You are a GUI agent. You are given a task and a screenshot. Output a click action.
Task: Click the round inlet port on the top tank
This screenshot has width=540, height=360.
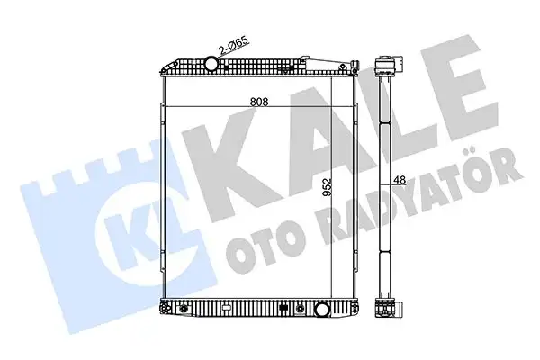(212, 65)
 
